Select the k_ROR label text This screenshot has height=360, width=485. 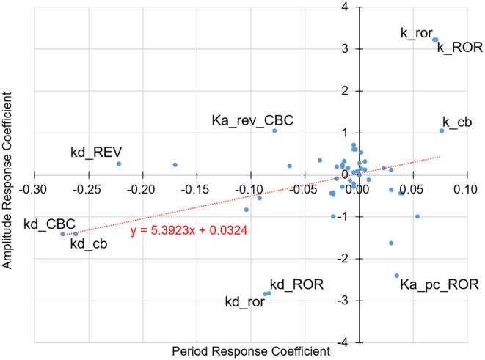coord(459,48)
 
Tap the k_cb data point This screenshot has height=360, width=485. coord(442,131)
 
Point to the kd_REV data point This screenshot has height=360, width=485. coord(119,164)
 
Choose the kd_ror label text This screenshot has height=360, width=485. coord(244,301)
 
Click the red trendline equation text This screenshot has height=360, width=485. coord(189,230)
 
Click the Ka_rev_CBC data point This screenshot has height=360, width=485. coord(274,131)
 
